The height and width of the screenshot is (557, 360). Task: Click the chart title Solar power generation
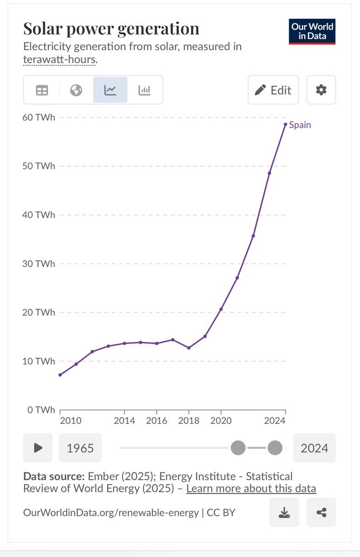(111, 29)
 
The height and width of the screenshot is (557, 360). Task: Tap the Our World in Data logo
(312, 31)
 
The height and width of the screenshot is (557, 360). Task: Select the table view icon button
(42, 90)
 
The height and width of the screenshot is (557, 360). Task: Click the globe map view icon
(76, 90)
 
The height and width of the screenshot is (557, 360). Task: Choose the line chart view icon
(110, 90)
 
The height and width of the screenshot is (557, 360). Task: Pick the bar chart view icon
(144, 90)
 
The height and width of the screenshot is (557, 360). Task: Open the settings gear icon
(321, 90)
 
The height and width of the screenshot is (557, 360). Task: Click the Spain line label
(300, 125)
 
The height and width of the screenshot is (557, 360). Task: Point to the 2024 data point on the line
(285, 124)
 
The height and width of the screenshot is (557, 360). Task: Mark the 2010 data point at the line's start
(60, 374)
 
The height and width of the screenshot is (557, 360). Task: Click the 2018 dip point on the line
(189, 348)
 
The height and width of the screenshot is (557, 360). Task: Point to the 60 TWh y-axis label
(39, 118)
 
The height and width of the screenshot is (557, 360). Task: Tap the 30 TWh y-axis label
(39, 263)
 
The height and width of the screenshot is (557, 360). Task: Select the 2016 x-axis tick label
(157, 421)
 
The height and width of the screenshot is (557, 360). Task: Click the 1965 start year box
(80, 448)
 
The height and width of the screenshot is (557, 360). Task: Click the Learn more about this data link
(251, 488)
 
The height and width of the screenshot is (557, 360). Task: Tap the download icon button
(284, 512)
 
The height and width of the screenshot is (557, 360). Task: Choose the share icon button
(321, 512)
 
